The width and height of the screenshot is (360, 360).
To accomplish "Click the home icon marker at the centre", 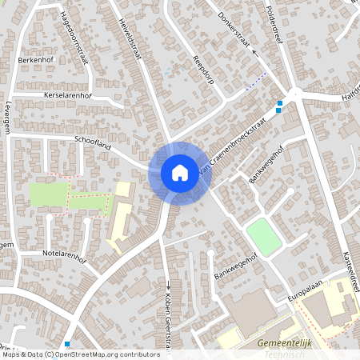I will [x=179, y=172].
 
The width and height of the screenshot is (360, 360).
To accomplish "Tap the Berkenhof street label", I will [x=34, y=60].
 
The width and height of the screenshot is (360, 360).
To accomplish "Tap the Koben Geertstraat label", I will [x=168, y=320].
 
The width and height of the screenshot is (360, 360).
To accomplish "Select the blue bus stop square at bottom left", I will [x=67, y=344].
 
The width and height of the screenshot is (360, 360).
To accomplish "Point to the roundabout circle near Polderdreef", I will [x=295, y=93].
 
